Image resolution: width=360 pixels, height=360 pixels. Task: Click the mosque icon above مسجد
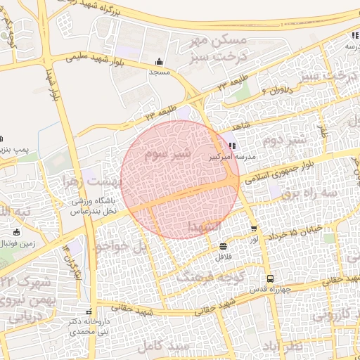(159, 61)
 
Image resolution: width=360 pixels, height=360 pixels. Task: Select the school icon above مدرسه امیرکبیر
(233, 146)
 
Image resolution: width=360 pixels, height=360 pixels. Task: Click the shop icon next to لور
(254, 229)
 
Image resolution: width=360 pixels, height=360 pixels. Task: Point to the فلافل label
(223, 257)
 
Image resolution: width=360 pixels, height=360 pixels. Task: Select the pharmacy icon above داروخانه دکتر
(88, 311)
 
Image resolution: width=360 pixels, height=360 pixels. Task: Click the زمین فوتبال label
(20, 243)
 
